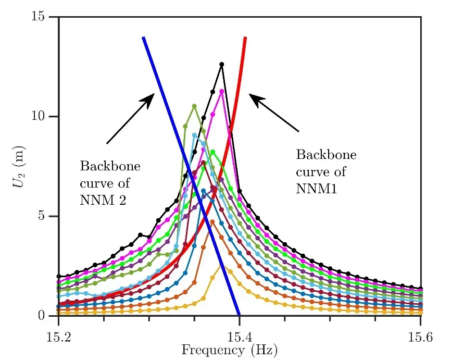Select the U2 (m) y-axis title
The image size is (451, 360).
[20, 166]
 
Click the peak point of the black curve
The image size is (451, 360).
[222, 64]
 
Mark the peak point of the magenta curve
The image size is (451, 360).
[222, 91]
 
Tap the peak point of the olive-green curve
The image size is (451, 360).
[194, 106]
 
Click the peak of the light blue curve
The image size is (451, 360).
[194, 135]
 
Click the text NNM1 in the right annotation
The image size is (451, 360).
[316, 190]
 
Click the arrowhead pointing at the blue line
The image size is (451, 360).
[151, 97]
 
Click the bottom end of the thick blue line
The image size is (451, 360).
[239, 314]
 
